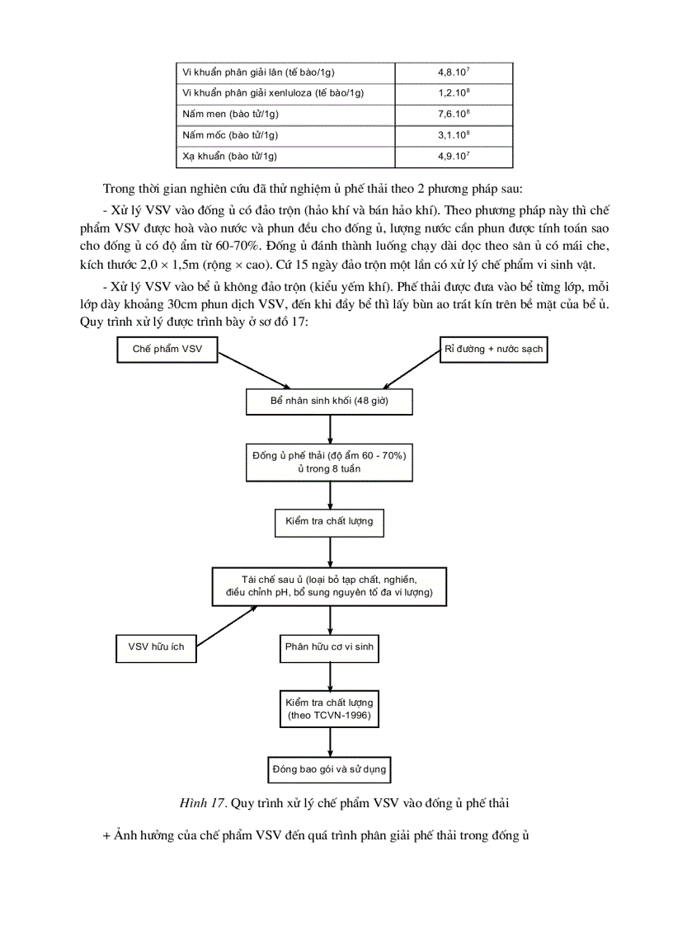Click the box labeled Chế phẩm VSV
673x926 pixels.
[167, 349]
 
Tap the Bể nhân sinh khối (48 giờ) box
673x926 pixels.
[329, 402]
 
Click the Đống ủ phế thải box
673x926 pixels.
[329, 462]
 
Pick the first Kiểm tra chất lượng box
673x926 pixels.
[329, 522]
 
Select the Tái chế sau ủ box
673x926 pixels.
[329, 586]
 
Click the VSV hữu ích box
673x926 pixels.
[156, 646]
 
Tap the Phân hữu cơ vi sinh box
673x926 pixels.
[329, 646]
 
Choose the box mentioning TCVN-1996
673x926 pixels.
[329, 709]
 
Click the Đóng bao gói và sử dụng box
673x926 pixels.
[329, 769]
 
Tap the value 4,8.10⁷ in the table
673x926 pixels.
[454, 73]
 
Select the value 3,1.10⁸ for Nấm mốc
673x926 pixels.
[454, 134]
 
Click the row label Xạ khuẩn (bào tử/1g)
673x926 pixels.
[229, 155]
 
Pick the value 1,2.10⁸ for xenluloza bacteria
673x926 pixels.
[454, 93]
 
